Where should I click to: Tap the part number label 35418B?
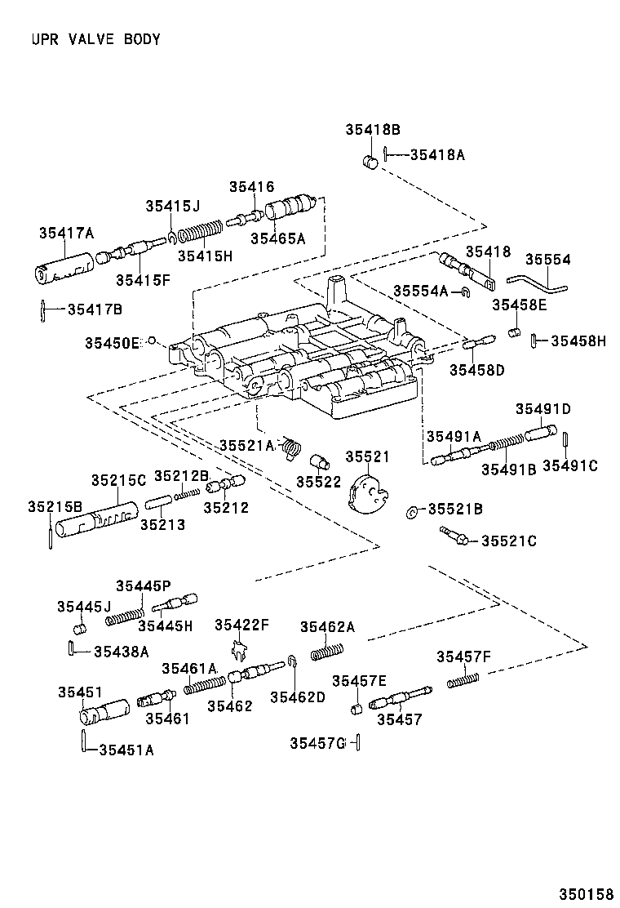pyautogui.click(x=372, y=129)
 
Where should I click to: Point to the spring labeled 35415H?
pyautogui.click(x=200, y=234)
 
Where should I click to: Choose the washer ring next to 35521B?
pyautogui.click(x=413, y=512)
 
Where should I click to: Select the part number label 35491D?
pyautogui.click(x=542, y=408)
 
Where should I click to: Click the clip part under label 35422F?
pyautogui.click(x=238, y=651)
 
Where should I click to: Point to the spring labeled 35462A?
pyautogui.click(x=327, y=651)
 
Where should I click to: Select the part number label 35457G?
pyautogui.click(x=317, y=742)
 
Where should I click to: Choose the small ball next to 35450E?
pyautogui.click(x=151, y=340)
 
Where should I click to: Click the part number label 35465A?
pyautogui.click(x=277, y=238)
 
